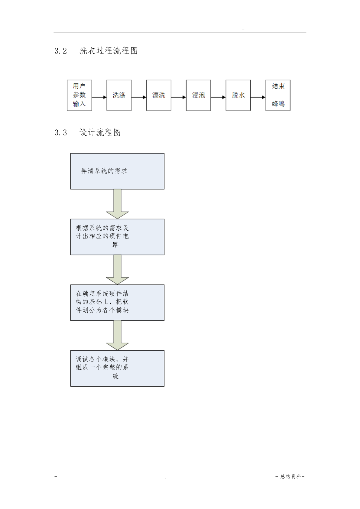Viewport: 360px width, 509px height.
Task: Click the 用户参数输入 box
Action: tap(79, 95)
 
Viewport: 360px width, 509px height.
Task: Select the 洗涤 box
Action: tap(119, 95)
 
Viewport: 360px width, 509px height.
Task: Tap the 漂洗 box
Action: tap(159, 95)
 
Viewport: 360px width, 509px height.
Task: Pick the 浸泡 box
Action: tap(198, 95)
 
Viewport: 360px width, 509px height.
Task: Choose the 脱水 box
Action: tap(238, 95)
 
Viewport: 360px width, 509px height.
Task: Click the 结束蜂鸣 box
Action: tap(278, 95)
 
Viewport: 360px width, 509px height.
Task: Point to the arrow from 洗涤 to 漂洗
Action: tap(139, 97)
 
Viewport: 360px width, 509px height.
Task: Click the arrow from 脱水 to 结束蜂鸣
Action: tap(258, 97)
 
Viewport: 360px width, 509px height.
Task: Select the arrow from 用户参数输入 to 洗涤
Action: tap(99, 97)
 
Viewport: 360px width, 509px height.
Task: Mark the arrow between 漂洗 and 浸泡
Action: tap(178, 97)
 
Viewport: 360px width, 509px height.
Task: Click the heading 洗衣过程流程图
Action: tap(109, 51)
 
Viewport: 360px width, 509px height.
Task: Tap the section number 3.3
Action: tap(61, 132)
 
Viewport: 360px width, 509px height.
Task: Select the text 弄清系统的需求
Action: tap(104, 171)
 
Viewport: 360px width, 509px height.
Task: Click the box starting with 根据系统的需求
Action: tap(118, 237)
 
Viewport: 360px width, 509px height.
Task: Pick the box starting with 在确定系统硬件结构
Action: tap(118, 303)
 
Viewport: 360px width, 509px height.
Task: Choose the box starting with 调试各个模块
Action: tap(118, 368)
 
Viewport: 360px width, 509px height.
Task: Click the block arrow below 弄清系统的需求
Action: tap(117, 204)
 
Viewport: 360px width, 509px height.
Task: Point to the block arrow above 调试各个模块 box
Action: tap(117, 336)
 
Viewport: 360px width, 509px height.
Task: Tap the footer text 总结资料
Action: tap(291, 476)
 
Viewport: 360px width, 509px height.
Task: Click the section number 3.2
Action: tap(61, 51)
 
